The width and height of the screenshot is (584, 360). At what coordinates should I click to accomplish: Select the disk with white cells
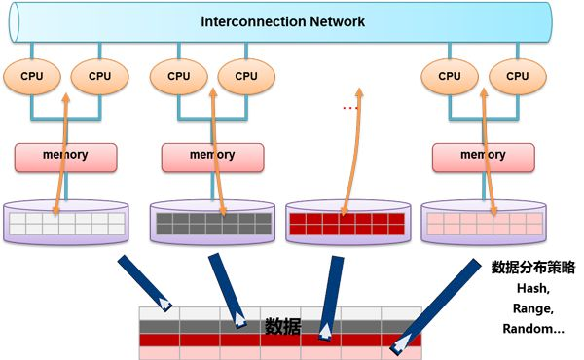point(66,222)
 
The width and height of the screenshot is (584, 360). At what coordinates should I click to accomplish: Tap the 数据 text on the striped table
point(282,326)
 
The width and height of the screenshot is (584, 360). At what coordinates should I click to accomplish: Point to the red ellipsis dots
point(347,108)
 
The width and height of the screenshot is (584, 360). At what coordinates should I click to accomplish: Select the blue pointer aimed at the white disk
point(144,282)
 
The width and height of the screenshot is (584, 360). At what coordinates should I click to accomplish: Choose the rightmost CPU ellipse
point(517,75)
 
